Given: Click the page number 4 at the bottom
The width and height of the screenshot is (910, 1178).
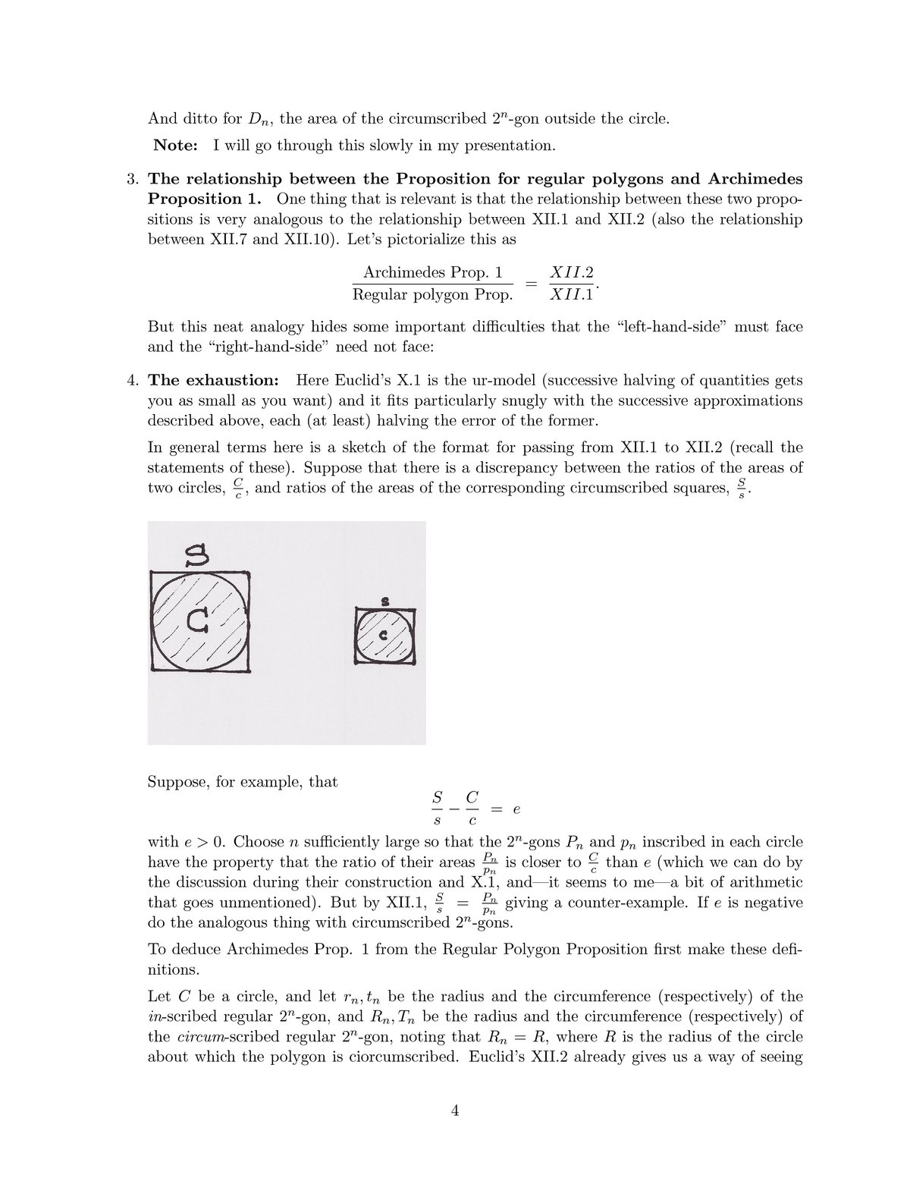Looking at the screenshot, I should (x=455, y=1112).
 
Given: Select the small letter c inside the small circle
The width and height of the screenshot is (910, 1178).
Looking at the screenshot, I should (x=383, y=635).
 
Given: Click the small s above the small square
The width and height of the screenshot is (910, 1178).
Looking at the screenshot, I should (x=384, y=602).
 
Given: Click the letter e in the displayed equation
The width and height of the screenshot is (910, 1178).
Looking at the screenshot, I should (x=516, y=809).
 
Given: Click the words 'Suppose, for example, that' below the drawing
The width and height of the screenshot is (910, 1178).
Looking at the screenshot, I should (x=242, y=781).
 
